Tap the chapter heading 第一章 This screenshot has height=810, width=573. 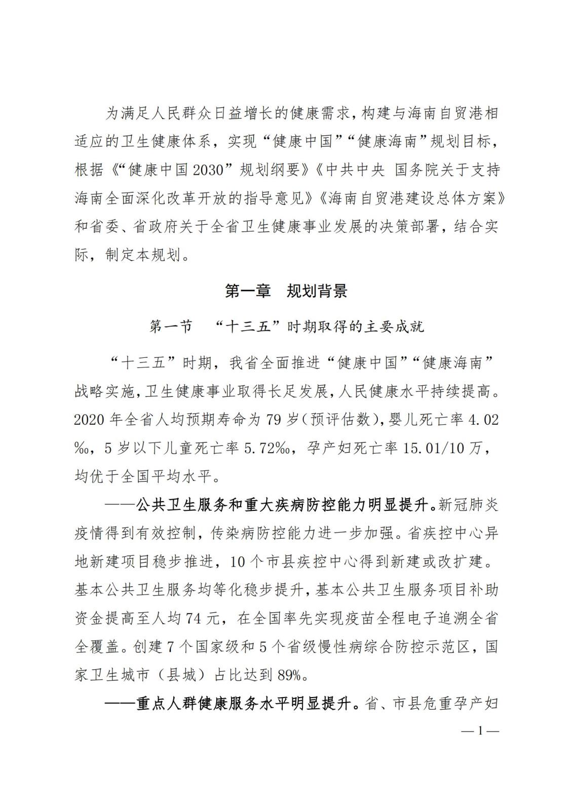(x=248, y=292)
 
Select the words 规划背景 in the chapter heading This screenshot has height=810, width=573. (x=317, y=292)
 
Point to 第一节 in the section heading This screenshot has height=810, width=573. (x=171, y=327)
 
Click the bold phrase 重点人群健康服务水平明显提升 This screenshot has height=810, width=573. (x=243, y=704)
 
